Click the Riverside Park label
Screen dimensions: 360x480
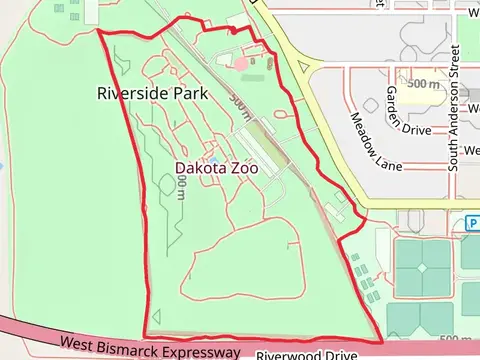(x=152, y=93)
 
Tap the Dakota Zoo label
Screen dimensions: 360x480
(x=216, y=168)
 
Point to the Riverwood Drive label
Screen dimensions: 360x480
(x=306, y=355)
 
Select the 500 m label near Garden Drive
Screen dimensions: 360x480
(x=423, y=84)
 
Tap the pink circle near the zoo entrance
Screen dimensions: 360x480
(x=241, y=63)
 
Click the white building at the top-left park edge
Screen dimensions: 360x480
(x=93, y=10)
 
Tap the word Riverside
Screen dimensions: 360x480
(x=133, y=93)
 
